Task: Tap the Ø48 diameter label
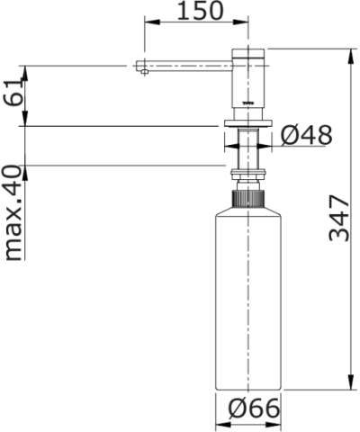306,136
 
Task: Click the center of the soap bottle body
248,297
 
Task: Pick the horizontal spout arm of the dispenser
184,65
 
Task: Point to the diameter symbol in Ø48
291,136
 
